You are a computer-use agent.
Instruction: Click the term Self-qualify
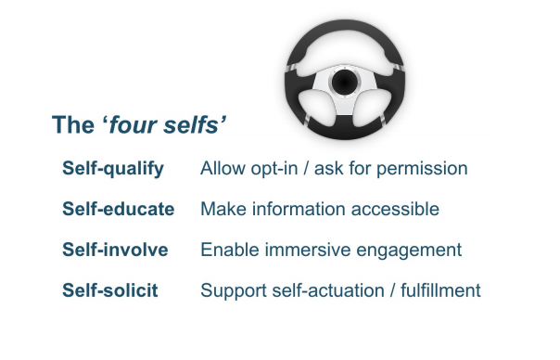(112, 169)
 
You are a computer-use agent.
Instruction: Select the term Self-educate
(118, 210)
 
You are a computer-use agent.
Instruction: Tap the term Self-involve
(115, 251)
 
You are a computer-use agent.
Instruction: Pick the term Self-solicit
(109, 291)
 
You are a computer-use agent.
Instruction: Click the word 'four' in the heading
(128, 125)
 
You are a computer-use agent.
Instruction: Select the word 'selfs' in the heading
(188, 125)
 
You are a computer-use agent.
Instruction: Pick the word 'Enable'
(225, 251)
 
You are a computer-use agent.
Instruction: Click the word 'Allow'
(220, 169)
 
